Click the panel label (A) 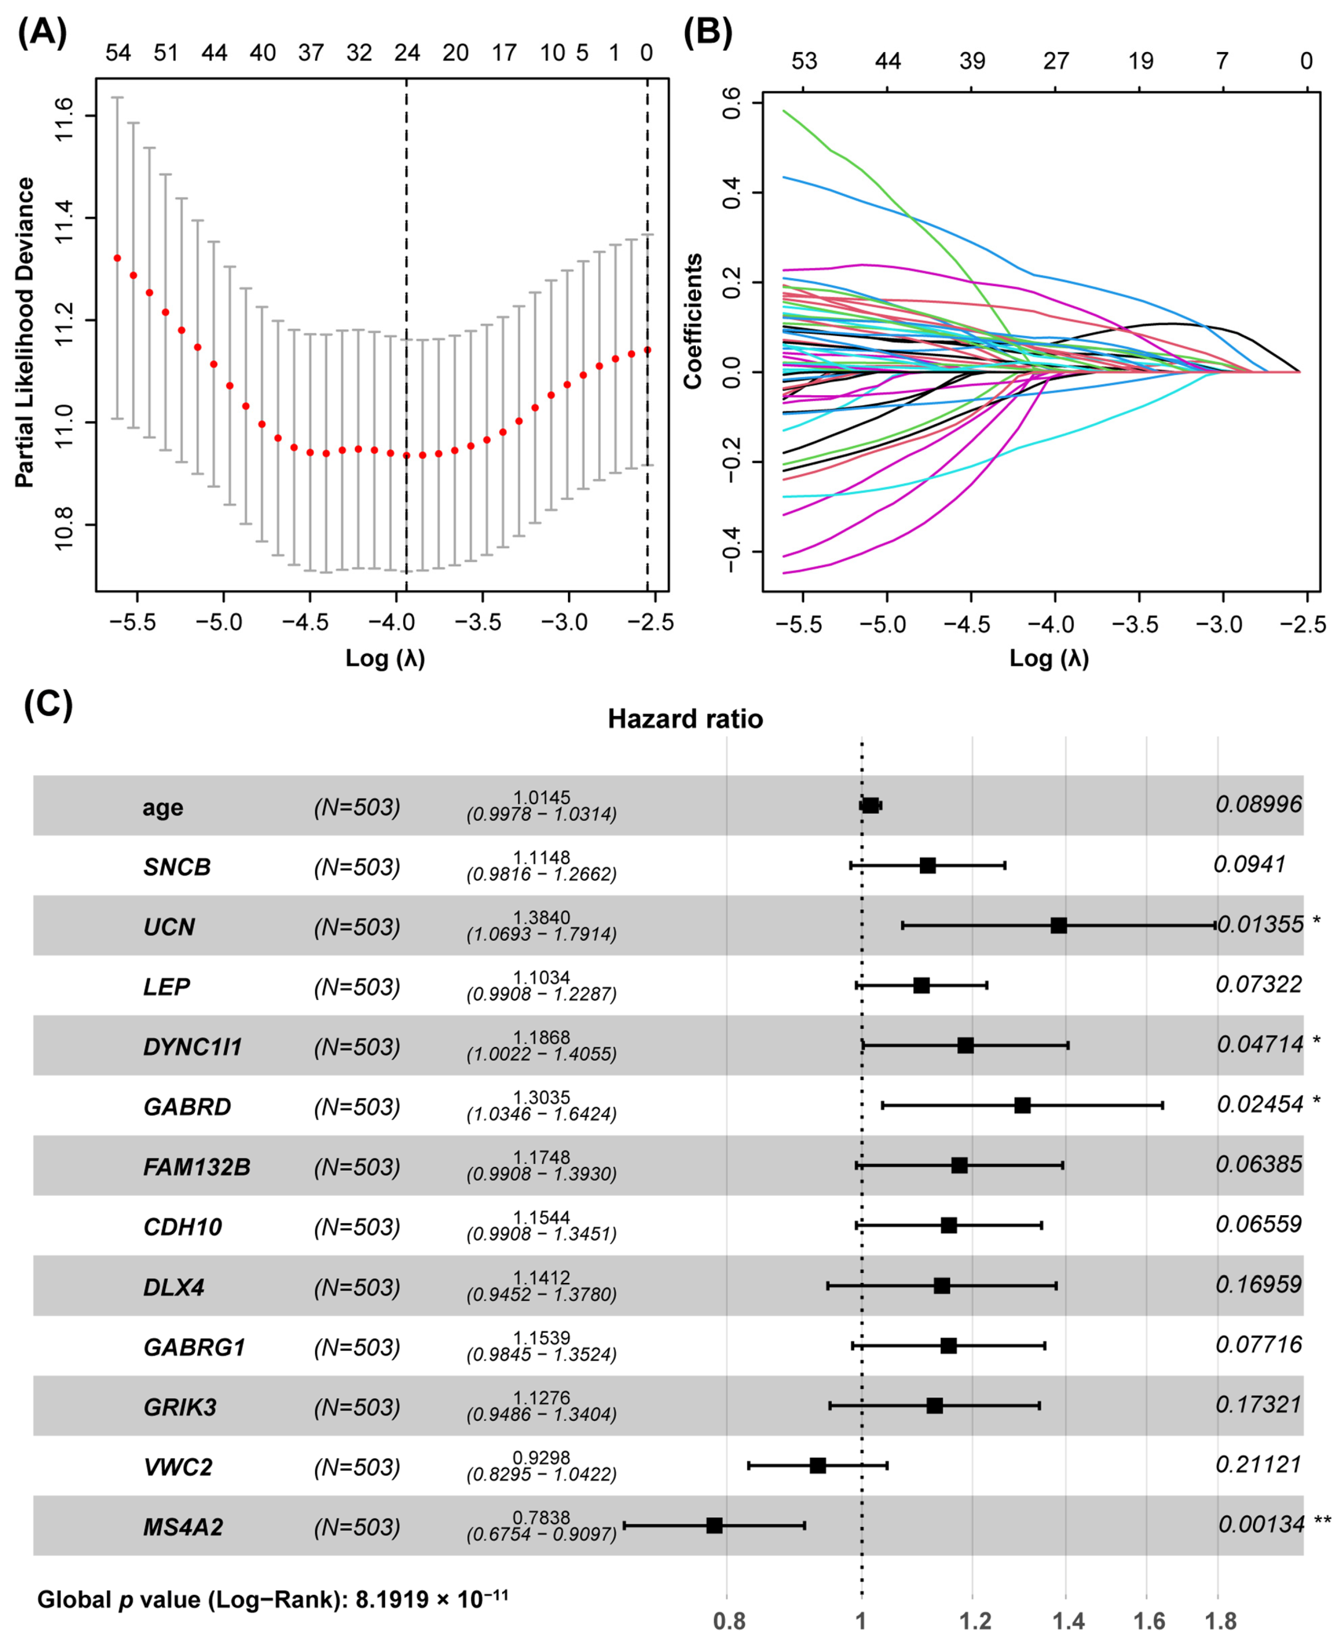[42, 33]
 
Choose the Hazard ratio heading [685, 719]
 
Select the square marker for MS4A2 [714, 1525]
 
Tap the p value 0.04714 [1260, 1044]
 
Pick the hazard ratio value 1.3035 [541, 1097]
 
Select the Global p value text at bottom [272, 1599]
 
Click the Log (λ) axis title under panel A [385, 658]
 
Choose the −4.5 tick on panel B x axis [967, 625]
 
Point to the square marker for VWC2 [817, 1465]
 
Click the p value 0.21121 [1258, 1464]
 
